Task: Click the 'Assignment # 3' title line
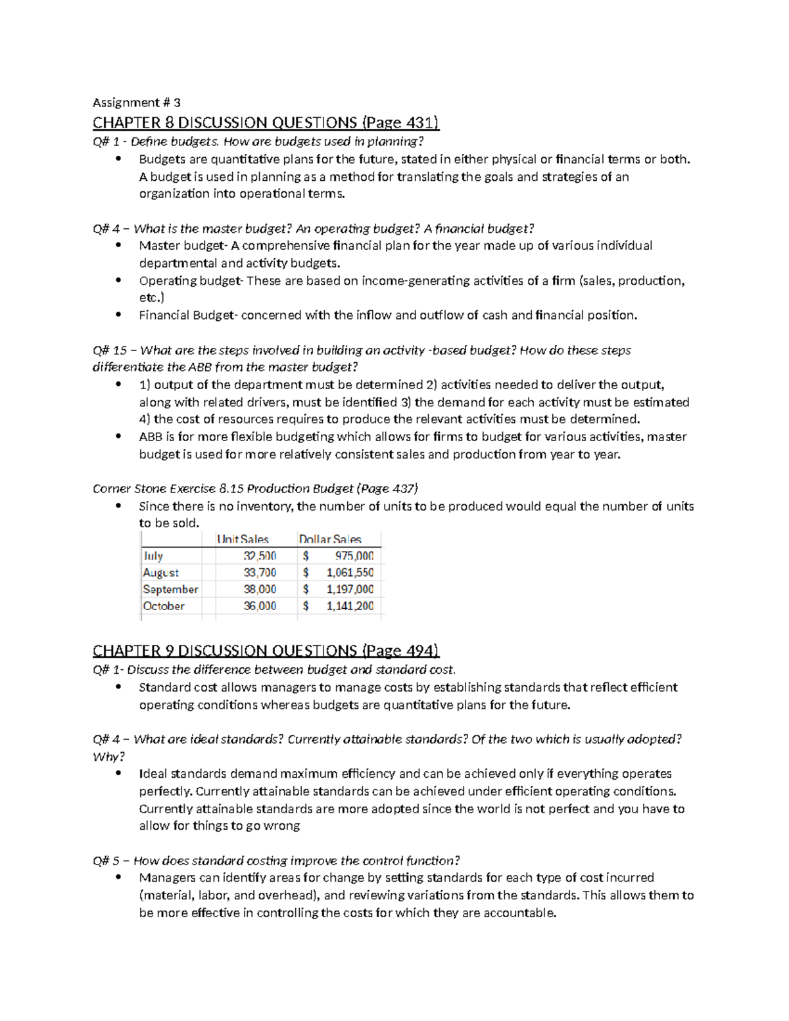pyautogui.click(x=136, y=103)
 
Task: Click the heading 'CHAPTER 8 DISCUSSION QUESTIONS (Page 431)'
pyautogui.click(x=266, y=122)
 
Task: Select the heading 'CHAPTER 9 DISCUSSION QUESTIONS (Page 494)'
pyautogui.click(x=266, y=651)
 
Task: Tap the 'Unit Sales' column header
pyautogui.click(x=243, y=539)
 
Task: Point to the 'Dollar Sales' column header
pyautogui.click(x=330, y=539)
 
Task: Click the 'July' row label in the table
pyautogui.click(x=153, y=556)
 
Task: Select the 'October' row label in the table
pyautogui.click(x=164, y=606)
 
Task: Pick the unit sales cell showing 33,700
pyautogui.click(x=260, y=573)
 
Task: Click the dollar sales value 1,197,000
pyautogui.click(x=350, y=590)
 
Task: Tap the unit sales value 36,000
pyautogui.click(x=260, y=606)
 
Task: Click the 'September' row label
pyautogui.click(x=170, y=590)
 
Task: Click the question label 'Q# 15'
pyautogui.click(x=110, y=350)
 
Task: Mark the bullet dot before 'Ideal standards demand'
pyautogui.click(x=118, y=774)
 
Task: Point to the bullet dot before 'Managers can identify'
pyautogui.click(x=118, y=878)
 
